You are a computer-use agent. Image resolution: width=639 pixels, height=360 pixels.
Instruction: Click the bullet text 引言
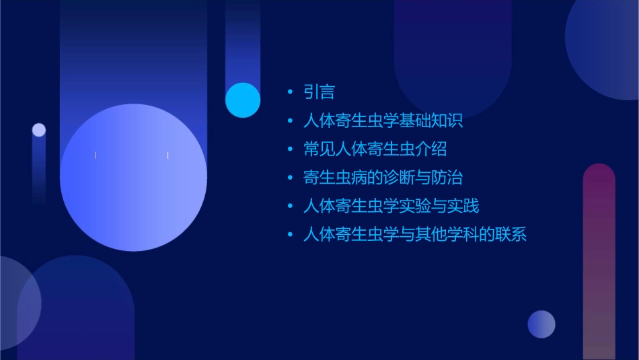(319, 92)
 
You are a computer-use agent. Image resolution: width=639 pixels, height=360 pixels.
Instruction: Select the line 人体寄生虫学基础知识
(383, 121)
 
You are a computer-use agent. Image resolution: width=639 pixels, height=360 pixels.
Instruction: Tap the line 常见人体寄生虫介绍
(375, 149)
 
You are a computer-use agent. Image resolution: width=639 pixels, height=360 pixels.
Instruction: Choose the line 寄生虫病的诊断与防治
(383, 178)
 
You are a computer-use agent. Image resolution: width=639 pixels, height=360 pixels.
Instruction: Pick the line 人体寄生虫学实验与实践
(391, 206)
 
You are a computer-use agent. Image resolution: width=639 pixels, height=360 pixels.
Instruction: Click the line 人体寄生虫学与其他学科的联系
(414, 235)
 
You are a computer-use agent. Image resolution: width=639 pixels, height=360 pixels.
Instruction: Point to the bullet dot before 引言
(290, 92)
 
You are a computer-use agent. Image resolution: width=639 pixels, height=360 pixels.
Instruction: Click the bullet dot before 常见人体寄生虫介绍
(290, 149)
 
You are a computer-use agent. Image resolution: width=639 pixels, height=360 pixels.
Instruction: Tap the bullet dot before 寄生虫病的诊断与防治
(290, 178)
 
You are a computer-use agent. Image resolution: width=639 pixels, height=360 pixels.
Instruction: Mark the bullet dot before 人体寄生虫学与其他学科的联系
(290, 235)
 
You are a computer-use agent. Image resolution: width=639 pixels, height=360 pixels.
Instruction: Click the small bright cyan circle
(243, 100)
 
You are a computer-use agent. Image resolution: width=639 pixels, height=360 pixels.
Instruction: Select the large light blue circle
(133, 178)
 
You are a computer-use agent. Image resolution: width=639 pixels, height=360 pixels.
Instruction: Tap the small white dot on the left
(39, 130)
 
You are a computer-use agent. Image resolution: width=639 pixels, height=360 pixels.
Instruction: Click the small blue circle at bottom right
(541, 324)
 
